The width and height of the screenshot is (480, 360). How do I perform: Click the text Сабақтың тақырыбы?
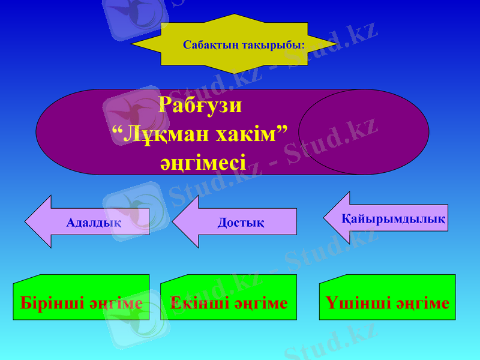pos(244,45)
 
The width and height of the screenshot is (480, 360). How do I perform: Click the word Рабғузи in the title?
pos(200,106)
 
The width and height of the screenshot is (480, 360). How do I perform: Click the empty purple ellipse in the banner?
pos(363,132)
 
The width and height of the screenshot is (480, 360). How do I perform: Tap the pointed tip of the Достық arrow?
pos(174,221)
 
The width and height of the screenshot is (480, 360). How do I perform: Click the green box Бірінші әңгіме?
pos(81,298)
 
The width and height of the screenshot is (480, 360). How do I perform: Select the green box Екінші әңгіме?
pos(229,298)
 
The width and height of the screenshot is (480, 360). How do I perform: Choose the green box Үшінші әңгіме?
pos(387,298)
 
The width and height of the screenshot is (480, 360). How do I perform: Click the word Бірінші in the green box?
pos(52,303)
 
